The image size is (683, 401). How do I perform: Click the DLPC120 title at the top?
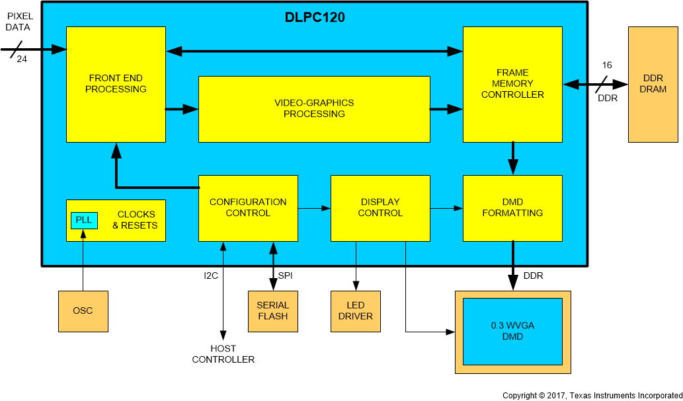point(314,17)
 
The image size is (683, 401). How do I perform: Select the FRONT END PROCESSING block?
point(116,84)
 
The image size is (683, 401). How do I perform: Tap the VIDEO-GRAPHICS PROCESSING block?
point(314,108)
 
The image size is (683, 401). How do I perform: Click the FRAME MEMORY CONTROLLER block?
point(512,84)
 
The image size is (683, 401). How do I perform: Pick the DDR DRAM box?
point(653,84)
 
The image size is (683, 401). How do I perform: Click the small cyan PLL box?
point(84,220)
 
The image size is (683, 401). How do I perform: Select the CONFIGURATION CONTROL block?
point(248,207)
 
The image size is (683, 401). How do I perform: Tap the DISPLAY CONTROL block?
point(380,207)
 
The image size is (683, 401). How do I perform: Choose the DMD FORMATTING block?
point(512,207)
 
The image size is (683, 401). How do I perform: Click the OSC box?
point(83,310)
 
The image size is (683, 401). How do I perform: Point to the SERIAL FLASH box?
point(272,310)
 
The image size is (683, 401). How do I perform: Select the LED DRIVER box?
point(355,310)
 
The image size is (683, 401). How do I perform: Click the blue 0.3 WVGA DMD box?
point(512,331)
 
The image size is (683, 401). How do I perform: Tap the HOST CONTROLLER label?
point(223,354)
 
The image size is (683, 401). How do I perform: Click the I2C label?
point(210,275)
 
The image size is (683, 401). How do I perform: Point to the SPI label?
point(286,275)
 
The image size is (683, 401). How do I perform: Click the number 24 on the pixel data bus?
point(22,59)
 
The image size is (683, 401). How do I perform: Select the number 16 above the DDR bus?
point(606,65)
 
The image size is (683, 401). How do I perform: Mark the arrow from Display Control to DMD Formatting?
point(446,208)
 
